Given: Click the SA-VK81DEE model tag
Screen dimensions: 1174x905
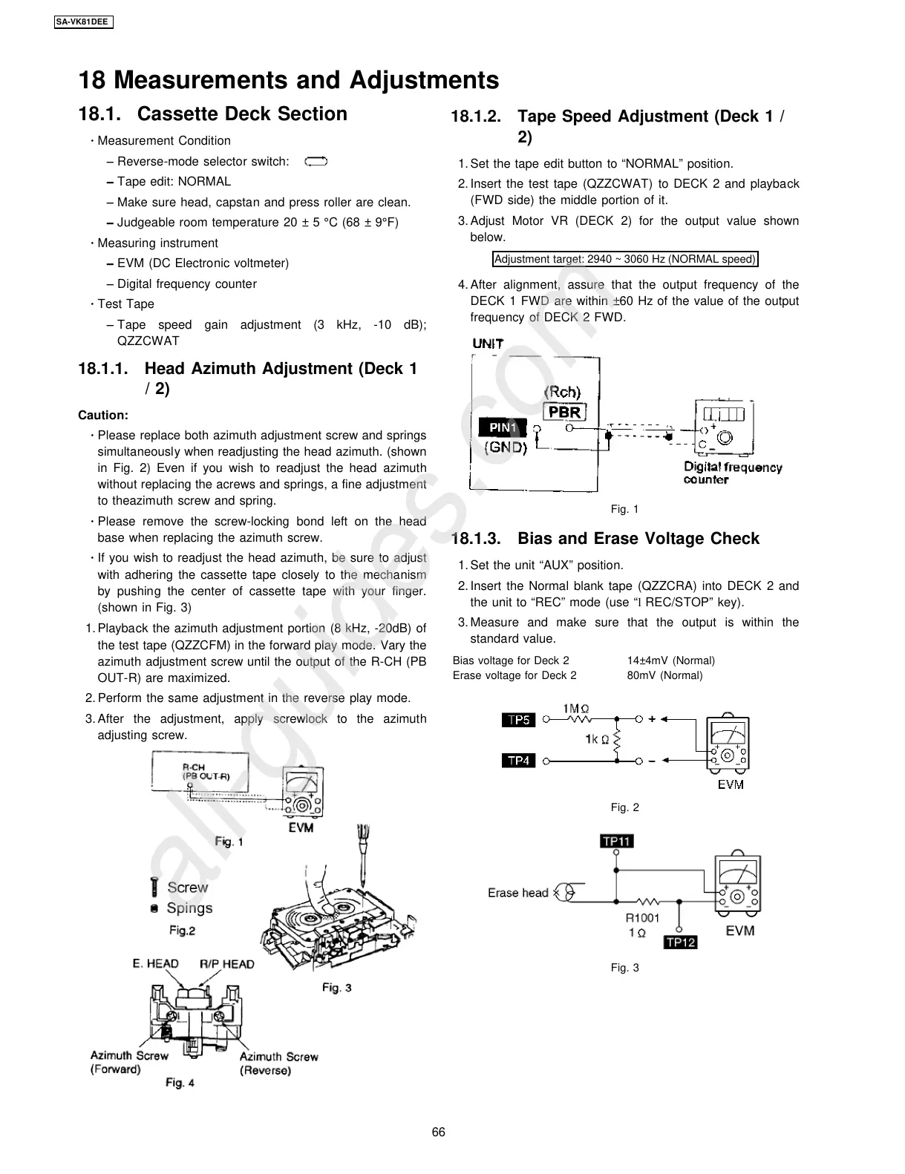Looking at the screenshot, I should pyautogui.click(x=83, y=22).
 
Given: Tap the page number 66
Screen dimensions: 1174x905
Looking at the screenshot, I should pyautogui.click(x=439, y=1132).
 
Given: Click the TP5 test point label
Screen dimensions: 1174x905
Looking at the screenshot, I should pyautogui.click(x=518, y=720).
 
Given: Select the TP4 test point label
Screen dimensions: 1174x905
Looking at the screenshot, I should pyautogui.click(x=518, y=761).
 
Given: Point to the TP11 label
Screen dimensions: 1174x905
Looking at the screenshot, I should pyautogui.click(x=616, y=841).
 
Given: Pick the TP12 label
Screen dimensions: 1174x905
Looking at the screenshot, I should pyautogui.click(x=680, y=942).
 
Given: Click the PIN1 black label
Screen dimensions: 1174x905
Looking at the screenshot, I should pyautogui.click(x=503, y=427).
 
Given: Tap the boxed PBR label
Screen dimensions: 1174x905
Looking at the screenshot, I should pyautogui.click(x=564, y=412).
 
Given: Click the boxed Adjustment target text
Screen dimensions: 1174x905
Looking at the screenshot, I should pyautogui.click(x=625, y=259).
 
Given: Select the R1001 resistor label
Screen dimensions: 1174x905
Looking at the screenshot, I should pyautogui.click(x=642, y=918).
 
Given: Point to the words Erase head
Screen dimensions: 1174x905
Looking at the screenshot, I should pyautogui.click(x=517, y=893).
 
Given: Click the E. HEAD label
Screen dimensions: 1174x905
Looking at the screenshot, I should pyautogui.click(x=156, y=964).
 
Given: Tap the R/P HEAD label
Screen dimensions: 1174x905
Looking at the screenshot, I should pyautogui.click(x=226, y=964).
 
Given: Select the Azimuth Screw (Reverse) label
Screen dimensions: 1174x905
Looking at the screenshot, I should pyautogui.click(x=278, y=1063).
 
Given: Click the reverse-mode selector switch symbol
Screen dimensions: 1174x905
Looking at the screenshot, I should pyautogui.click(x=316, y=161).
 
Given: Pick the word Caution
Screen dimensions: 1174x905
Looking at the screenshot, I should pyautogui.click(x=103, y=416).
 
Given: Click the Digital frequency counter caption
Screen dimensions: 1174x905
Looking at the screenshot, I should pyautogui.click(x=732, y=473).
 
